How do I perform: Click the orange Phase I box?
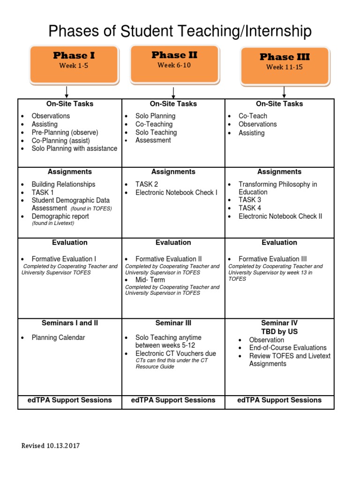click(73, 64)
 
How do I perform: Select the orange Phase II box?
click(174, 63)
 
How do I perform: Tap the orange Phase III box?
click(285, 65)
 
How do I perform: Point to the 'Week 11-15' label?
click(285, 67)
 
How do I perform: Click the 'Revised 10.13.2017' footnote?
click(51, 446)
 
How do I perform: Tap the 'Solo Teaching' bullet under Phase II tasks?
click(156, 132)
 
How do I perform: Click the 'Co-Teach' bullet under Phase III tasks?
click(253, 116)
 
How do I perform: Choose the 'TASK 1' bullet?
click(43, 192)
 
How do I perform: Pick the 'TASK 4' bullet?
click(250, 208)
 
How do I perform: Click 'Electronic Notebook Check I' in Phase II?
click(176, 192)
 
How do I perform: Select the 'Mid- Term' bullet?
click(150, 280)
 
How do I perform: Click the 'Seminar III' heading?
click(173, 323)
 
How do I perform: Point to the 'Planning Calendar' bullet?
click(58, 337)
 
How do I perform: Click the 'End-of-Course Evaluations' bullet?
click(288, 348)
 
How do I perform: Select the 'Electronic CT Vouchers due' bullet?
click(175, 353)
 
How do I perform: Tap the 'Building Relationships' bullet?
click(63, 184)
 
